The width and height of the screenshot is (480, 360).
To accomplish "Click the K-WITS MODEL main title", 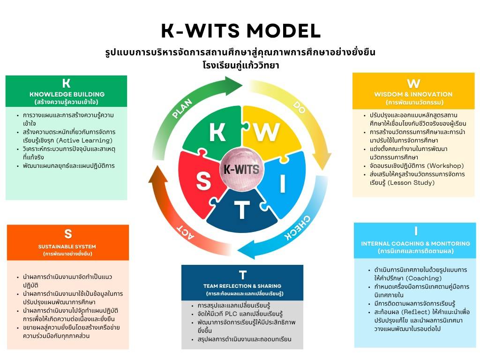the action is (241, 31).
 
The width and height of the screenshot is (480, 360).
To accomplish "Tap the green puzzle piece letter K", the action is (217, 133).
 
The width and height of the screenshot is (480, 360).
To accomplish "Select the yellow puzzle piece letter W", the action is (267, 132).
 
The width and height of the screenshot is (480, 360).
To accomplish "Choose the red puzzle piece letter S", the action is (203, 180).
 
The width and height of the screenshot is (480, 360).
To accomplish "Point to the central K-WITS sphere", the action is (241, 169).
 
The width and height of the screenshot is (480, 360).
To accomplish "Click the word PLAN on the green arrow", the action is (182, 108).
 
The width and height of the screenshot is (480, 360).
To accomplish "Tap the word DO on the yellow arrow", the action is (299, 107).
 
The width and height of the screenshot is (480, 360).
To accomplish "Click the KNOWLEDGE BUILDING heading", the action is (67, 94).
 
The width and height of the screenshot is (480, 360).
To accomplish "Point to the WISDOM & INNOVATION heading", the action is (413, 94).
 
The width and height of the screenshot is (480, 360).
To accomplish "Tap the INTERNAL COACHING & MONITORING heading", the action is (415, 244).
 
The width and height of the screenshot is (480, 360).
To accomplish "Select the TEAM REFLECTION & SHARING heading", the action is (242, 286).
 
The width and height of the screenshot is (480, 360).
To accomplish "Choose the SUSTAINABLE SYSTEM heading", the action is (67, 247).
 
